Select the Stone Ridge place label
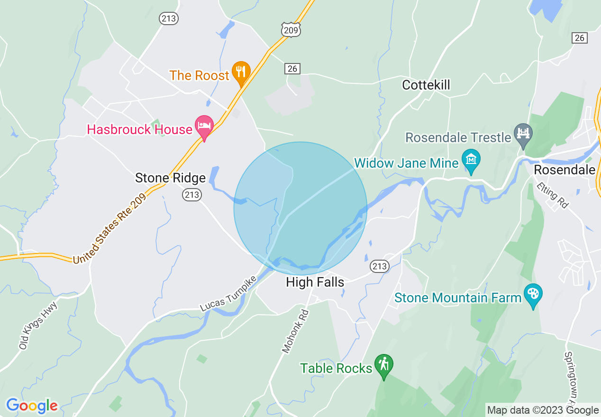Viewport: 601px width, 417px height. pos(170,178)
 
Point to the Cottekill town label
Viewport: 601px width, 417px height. pos(426,85)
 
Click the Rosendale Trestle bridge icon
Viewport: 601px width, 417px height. pos(523,132)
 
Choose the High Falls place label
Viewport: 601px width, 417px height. pos(315,282)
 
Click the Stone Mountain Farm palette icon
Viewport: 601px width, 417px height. pos(533,295)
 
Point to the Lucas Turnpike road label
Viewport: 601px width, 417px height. pos(228,294)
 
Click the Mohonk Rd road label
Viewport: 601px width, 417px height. pos(295,332)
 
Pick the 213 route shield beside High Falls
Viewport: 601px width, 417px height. pos(380,266)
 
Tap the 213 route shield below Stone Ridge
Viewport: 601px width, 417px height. pos(192,194)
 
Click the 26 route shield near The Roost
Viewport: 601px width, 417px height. pos(292,69)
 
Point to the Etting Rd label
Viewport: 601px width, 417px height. pos(553,196)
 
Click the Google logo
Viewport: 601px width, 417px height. pos(32,406)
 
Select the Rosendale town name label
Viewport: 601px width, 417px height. pos(564,170)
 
